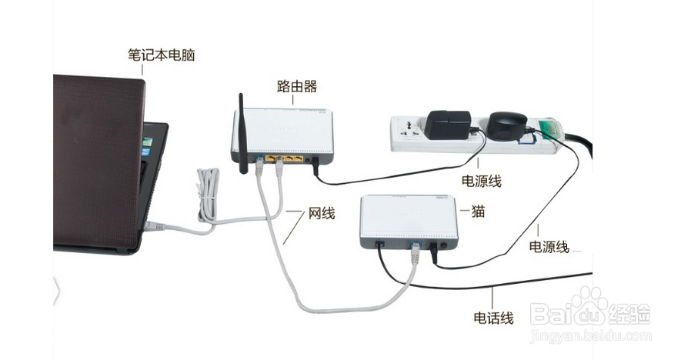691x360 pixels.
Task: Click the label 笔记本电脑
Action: coord(161,55)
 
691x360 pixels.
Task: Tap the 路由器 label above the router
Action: coord(297,85)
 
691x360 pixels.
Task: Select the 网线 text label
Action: coord(322,213)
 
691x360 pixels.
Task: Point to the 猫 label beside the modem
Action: coord(478,212)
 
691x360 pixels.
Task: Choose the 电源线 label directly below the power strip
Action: coord(481,182)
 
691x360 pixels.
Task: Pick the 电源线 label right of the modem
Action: coord(549,247)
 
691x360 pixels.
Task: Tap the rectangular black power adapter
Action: coord(449,125)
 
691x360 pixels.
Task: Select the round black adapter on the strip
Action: coord(508,125)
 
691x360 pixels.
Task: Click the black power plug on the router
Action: coord(314,162)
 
